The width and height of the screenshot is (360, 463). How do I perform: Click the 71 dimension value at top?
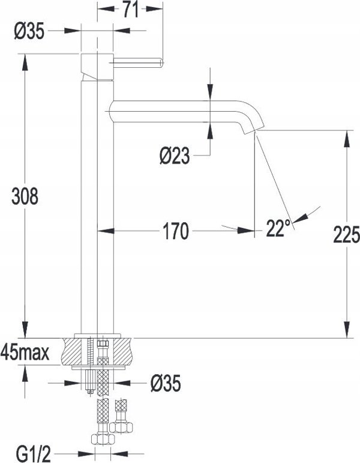130,9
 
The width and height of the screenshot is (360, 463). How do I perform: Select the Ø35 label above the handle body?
29,31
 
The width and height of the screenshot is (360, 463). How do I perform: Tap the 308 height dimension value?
25,196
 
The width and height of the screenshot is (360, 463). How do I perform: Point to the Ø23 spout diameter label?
175,156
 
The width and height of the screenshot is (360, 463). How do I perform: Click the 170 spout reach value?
176,231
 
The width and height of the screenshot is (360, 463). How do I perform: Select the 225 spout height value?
346,235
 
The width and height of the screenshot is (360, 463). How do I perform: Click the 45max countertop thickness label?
25,353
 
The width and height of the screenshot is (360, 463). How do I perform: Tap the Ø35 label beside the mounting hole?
166,384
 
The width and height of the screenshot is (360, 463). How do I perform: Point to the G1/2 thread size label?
34,454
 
